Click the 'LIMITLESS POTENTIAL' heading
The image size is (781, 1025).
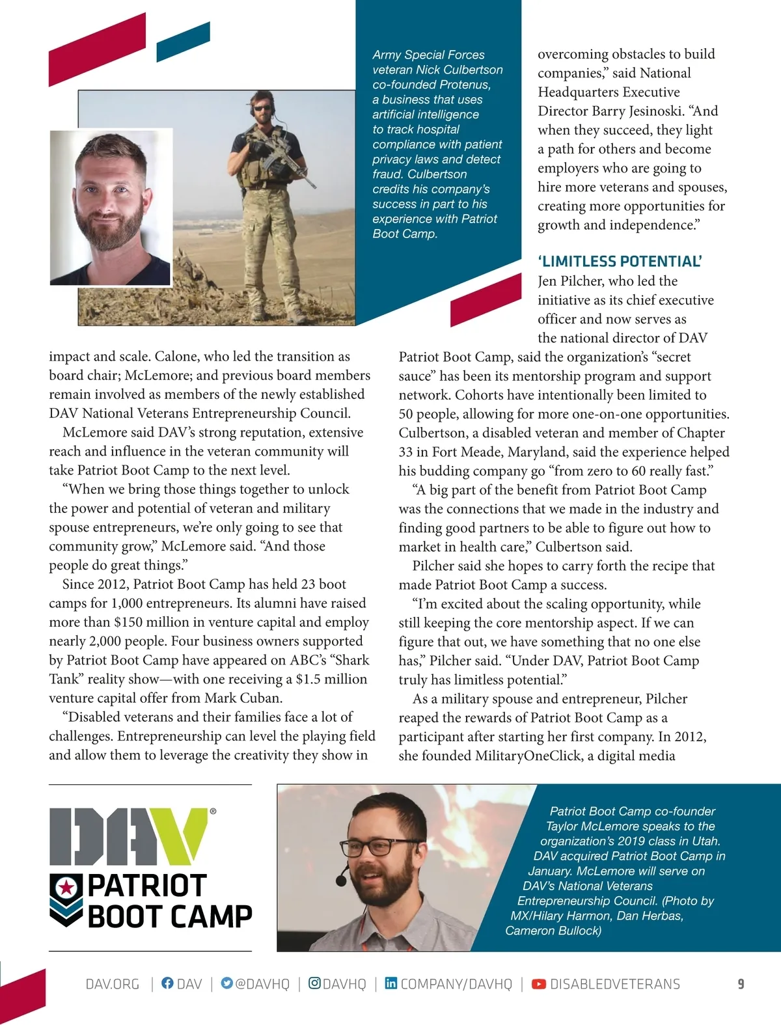point(620,262)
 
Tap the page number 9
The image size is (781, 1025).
point(741,984)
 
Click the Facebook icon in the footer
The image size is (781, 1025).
point(167,983)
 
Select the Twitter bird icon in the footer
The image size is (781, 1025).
point(226,983)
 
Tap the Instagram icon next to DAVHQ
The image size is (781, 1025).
point(314,983)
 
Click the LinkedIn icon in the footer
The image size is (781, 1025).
point(390,983)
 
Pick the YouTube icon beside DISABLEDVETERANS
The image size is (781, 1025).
point(539,984)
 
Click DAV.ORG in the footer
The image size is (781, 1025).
point(113,984)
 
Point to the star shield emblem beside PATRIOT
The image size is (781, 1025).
point(66,888)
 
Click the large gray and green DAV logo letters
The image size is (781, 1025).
point(128,836)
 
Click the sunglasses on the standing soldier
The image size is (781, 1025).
point(262,109)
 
